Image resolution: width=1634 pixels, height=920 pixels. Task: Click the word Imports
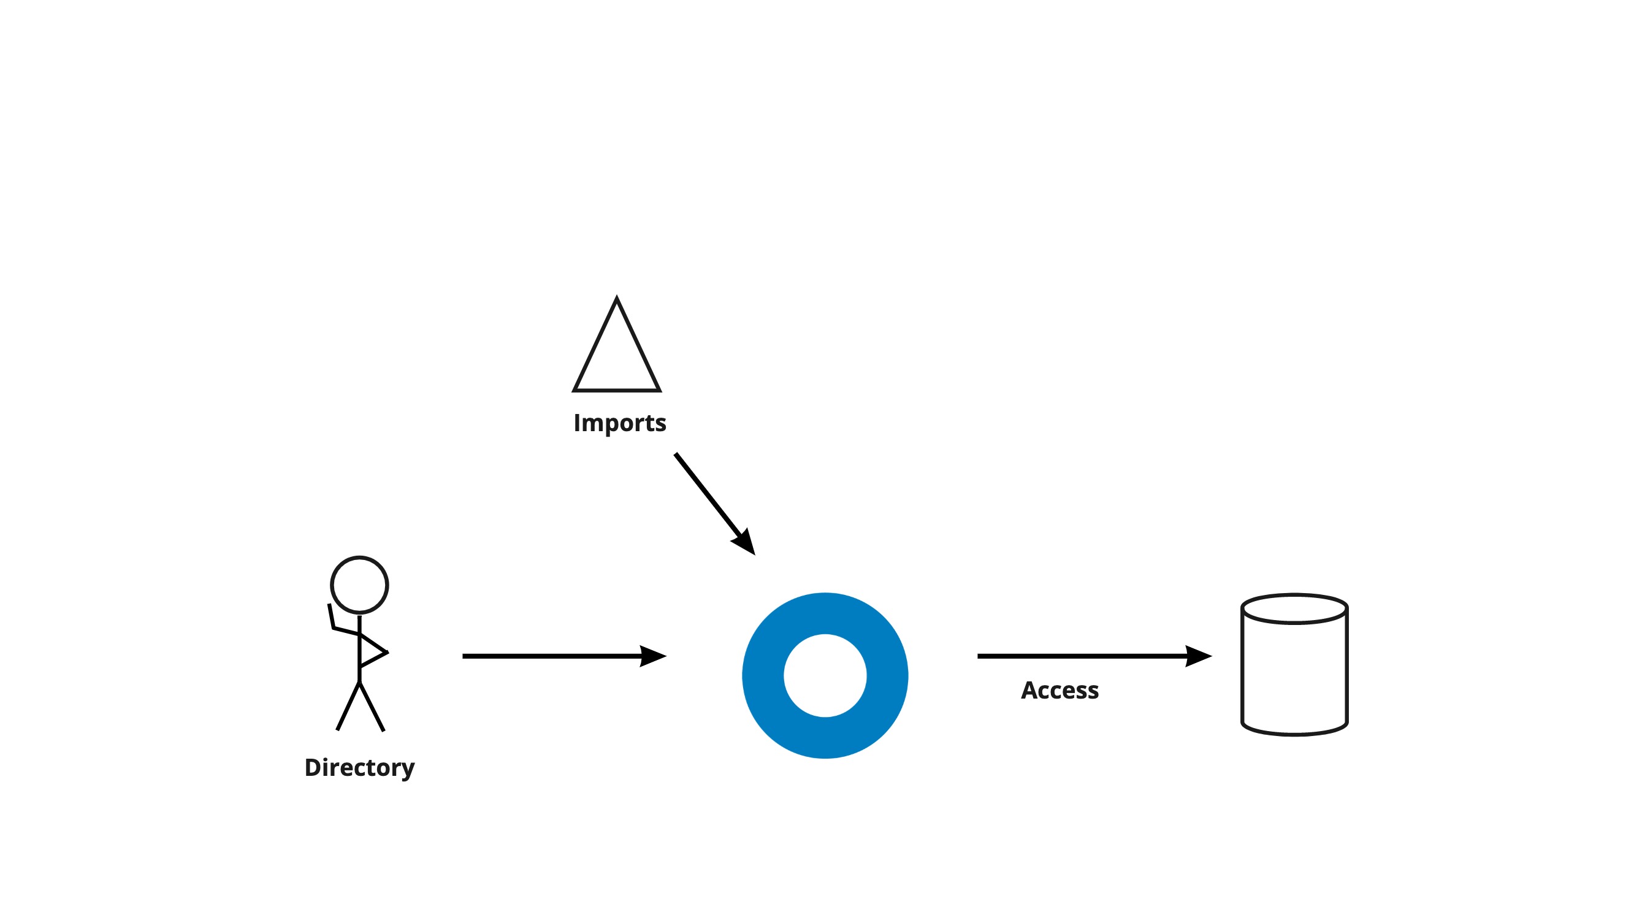(x=619, y=423)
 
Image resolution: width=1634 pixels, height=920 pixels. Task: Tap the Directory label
(x=359, y=768)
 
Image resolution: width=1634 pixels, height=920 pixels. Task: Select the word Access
(x=1059, y=691)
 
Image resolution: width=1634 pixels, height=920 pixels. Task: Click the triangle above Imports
(x=617, y=355)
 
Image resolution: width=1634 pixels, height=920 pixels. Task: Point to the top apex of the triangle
(x=617, y=299)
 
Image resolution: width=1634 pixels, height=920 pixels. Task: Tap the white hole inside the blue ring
(x=825, y=676)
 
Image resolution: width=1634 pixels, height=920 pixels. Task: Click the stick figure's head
(x=359, y=585)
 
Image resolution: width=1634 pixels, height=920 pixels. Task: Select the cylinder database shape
(x=1294, y=673)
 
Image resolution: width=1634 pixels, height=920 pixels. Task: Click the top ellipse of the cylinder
(x=1294, y=609)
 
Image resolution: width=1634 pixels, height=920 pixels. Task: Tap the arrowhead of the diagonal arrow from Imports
(x=745, y=542)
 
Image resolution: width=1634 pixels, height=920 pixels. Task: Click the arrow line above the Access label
(x=1079, y=656)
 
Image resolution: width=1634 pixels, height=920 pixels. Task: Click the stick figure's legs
(x=360, y=707)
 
